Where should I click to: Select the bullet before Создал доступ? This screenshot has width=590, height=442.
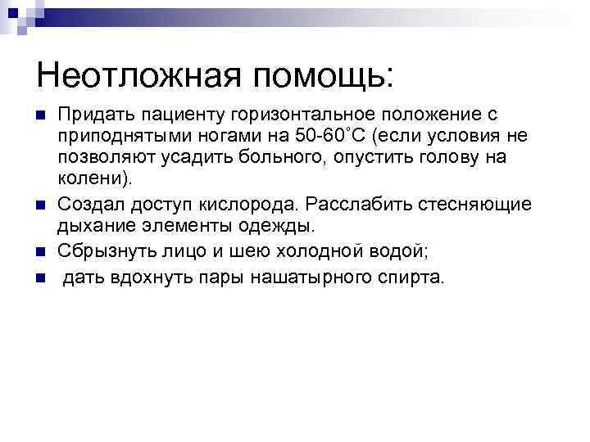pyautogui.click(x=40, y=204)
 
